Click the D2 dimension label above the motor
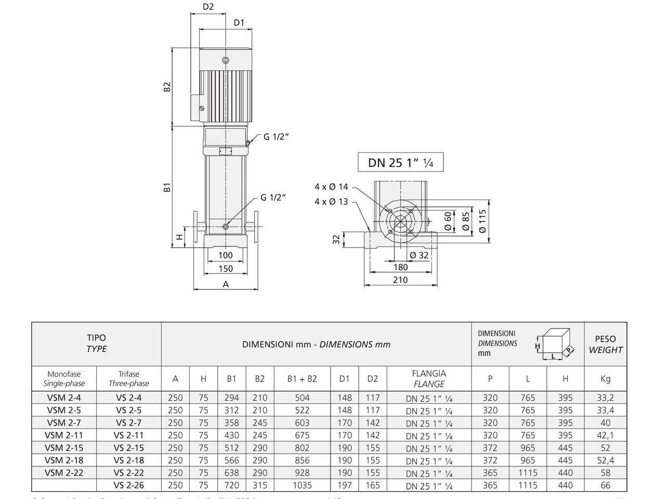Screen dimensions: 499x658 point(208,7)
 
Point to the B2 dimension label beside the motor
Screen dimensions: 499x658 point(167,87)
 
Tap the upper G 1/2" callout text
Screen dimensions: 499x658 point(276,137)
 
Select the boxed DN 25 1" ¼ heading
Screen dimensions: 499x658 point(400,163)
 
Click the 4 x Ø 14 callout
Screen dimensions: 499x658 point(331,187)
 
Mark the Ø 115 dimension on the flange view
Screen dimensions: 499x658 point(482,221)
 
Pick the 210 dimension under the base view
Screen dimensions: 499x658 point(401,280)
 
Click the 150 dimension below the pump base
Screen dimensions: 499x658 point(226,269)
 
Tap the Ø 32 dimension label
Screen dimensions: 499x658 point(419,255)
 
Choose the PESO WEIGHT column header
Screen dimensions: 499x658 point(606,344)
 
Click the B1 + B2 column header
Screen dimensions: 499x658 point(302,379)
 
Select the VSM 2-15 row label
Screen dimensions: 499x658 point(64,448)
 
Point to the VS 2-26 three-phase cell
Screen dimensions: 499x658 point(128,485)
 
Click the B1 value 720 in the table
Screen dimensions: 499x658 point(231,485)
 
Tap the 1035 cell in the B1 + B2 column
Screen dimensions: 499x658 point(302,485)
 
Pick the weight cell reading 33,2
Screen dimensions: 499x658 point(606,398)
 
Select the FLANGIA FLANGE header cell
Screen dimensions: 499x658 point(429,379)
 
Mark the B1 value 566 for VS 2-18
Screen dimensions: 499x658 point(231,460)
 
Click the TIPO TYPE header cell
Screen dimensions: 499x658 point(96,344)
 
